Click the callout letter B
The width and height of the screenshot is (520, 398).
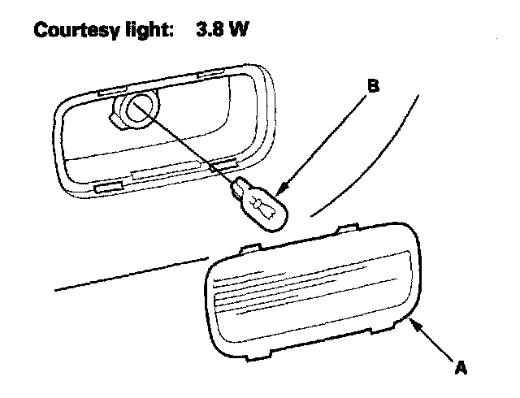coord(375,84)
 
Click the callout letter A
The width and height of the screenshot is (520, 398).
coord(461,368)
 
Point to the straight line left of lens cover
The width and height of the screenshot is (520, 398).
coord(130,275)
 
